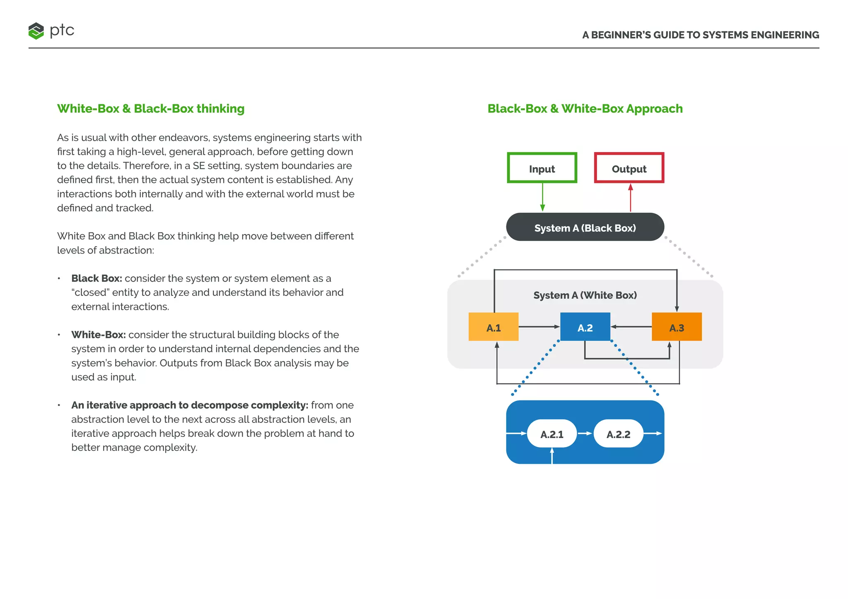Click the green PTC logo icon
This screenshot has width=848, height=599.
point(36,31)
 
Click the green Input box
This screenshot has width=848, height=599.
point(542,168)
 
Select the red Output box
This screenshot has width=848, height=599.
point(629,168)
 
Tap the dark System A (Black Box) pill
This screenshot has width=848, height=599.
point(585,227)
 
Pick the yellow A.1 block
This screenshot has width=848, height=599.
point(493,327)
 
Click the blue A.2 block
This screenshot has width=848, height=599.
point(585,327)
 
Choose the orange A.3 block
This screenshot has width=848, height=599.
point(677,327)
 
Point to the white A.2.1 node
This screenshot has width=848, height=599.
point(552,434)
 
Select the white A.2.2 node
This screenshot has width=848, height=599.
point(618,434)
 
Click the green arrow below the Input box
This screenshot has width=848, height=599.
point(542,197)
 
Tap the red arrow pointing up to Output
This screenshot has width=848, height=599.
point(630,197)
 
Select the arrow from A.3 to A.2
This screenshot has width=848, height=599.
point(631,327)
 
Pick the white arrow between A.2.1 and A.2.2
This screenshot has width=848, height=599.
point(585,434)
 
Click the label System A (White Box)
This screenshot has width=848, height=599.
point(585,295)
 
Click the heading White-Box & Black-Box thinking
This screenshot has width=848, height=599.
point(151,109)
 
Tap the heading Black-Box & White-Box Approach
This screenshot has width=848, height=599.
point(585,109)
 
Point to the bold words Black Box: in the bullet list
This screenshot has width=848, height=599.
point(96,278)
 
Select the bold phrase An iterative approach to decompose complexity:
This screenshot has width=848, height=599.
point(190,405)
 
